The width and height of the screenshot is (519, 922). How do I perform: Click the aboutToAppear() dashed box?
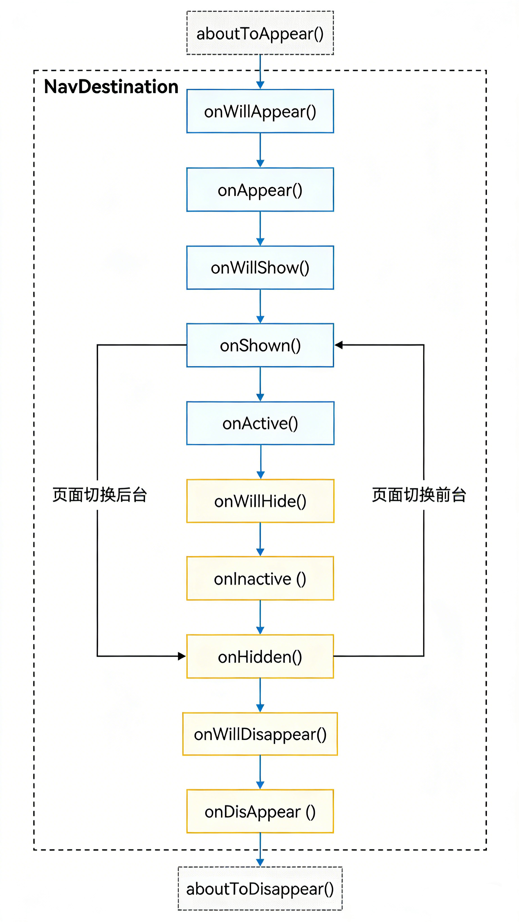click(260, 33)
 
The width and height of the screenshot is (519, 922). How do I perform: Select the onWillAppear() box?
click(260, 111)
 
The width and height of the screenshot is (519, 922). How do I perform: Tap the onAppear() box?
click(260, 190)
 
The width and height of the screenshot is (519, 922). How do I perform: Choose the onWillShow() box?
click(260, 267)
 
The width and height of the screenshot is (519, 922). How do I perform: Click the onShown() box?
click(260, 345)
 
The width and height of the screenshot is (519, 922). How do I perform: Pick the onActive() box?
click(260, 423)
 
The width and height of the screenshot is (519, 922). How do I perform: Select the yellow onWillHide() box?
click(260, 501)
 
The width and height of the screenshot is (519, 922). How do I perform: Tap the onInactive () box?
click(260, 579)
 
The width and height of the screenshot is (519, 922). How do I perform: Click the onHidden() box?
click(260, 657)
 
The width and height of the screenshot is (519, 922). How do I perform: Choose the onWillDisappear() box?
click(260, 734)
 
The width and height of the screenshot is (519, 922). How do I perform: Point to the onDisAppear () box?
click(260, 812)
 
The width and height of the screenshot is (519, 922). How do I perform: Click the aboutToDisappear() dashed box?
click(260, 889)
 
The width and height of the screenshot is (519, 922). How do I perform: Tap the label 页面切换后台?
click(100, 495)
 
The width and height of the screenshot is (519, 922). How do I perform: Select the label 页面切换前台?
click(419, 495)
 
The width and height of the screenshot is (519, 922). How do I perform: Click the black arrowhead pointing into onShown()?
click(339, 345)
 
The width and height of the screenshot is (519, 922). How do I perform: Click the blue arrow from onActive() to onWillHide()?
click(261, 462)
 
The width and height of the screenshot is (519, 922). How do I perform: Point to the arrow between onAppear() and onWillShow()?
click(261, 228)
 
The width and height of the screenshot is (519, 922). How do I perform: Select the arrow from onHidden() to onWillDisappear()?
click(261, 695)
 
